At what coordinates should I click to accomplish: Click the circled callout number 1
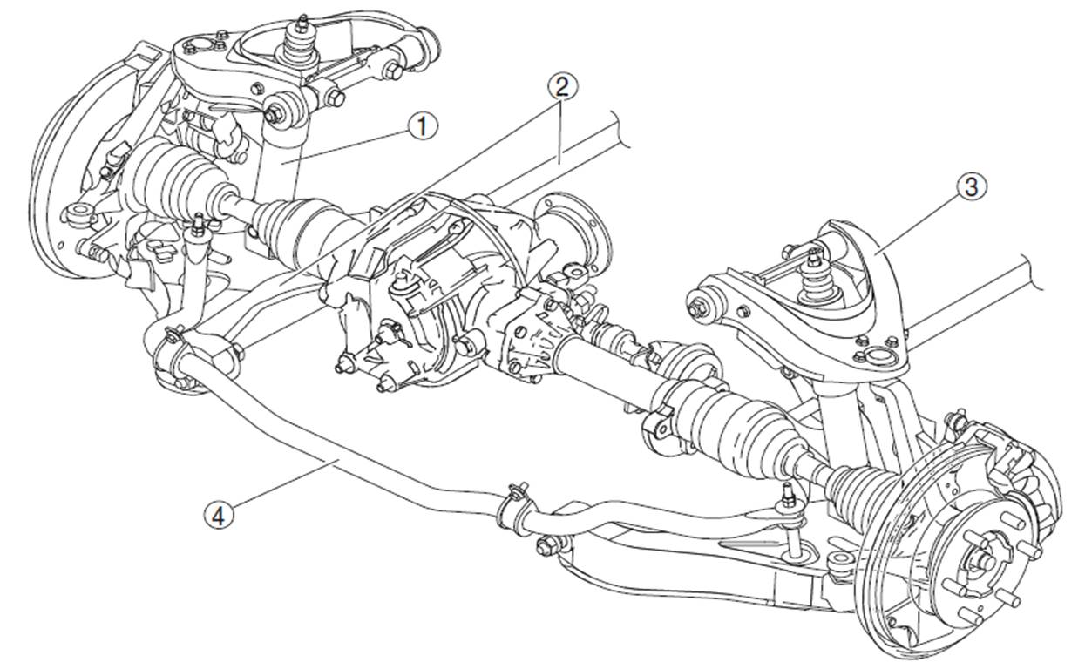pos(422,127)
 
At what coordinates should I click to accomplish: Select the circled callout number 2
pos(561,85)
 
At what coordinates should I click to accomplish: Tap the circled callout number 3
pos(972,186)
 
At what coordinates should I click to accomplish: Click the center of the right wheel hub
pos(980,561)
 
